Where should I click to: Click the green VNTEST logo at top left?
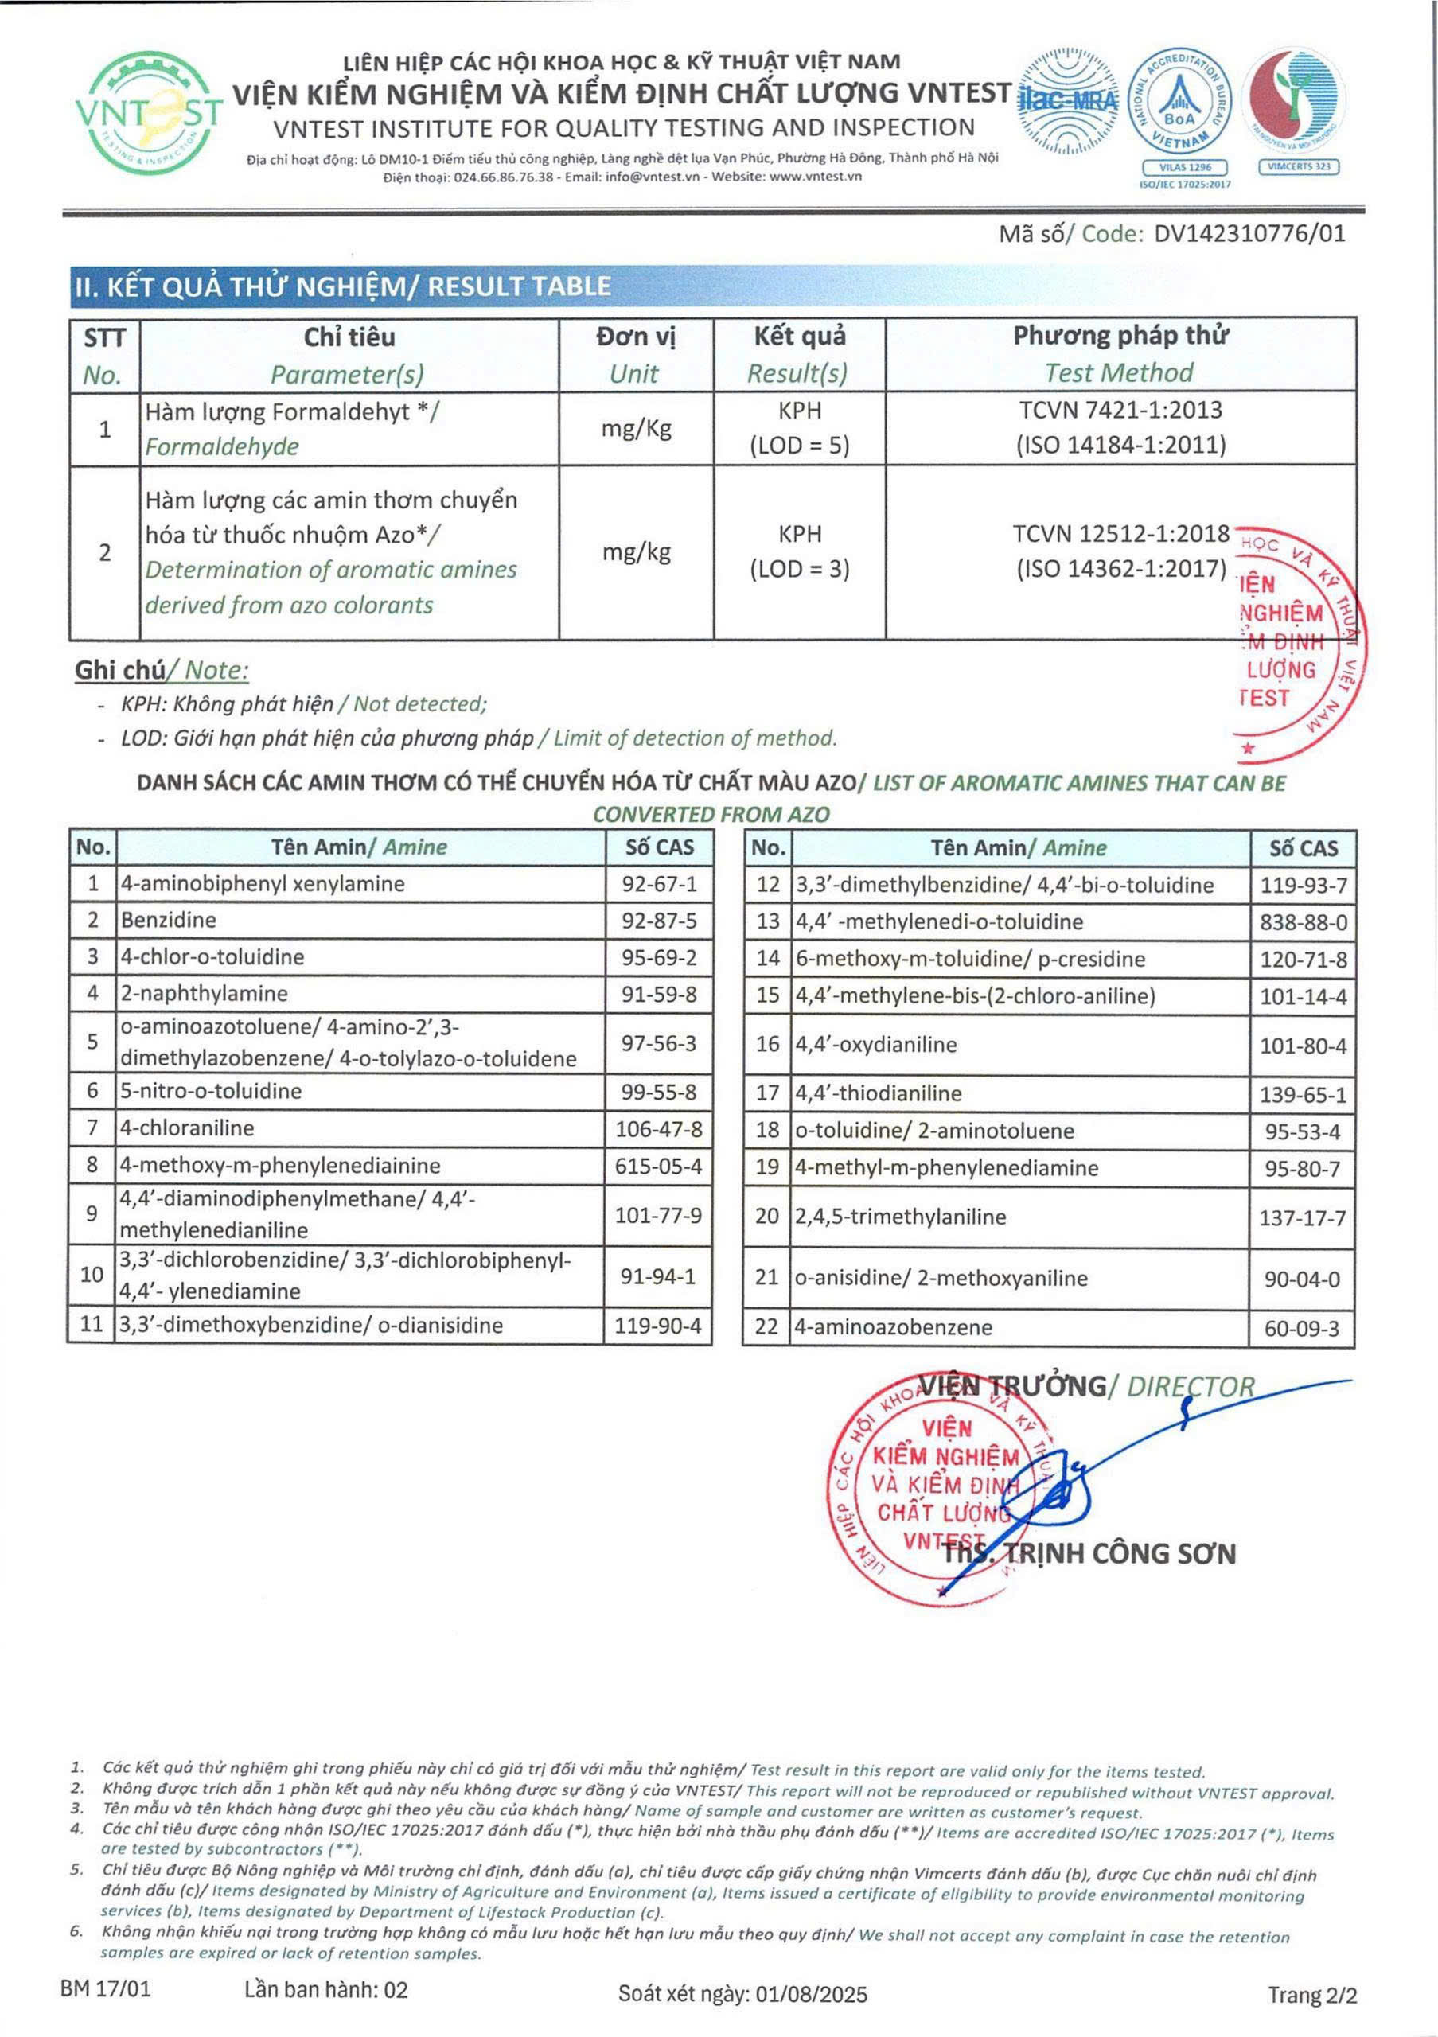[x=148, y=113]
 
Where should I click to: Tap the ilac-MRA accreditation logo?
[x=1070, y=99]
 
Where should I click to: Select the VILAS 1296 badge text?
[x=1184, y=167]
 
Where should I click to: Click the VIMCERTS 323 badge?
[x=1299, y=167]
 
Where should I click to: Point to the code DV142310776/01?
[x=1249, y=233]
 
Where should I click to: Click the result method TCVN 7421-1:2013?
[x=1120, y=410]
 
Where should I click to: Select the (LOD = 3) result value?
[x=799, y=569]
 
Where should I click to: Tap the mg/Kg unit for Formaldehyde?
[x=636, y=430]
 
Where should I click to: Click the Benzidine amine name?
[x=169, y=920]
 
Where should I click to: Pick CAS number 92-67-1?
[x=659, y=884]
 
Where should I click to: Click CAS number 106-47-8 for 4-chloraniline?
[x=659, y=1128]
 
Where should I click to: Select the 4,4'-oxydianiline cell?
[x=875, y=1044]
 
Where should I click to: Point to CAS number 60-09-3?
[x=1301, y=1329]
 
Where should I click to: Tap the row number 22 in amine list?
[x=766, y=1327]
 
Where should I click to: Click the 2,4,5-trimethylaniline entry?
[x=900, y=1217]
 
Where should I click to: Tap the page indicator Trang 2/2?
[x=1312, y=1996]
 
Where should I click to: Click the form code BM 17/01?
[x=106, y=1989]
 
